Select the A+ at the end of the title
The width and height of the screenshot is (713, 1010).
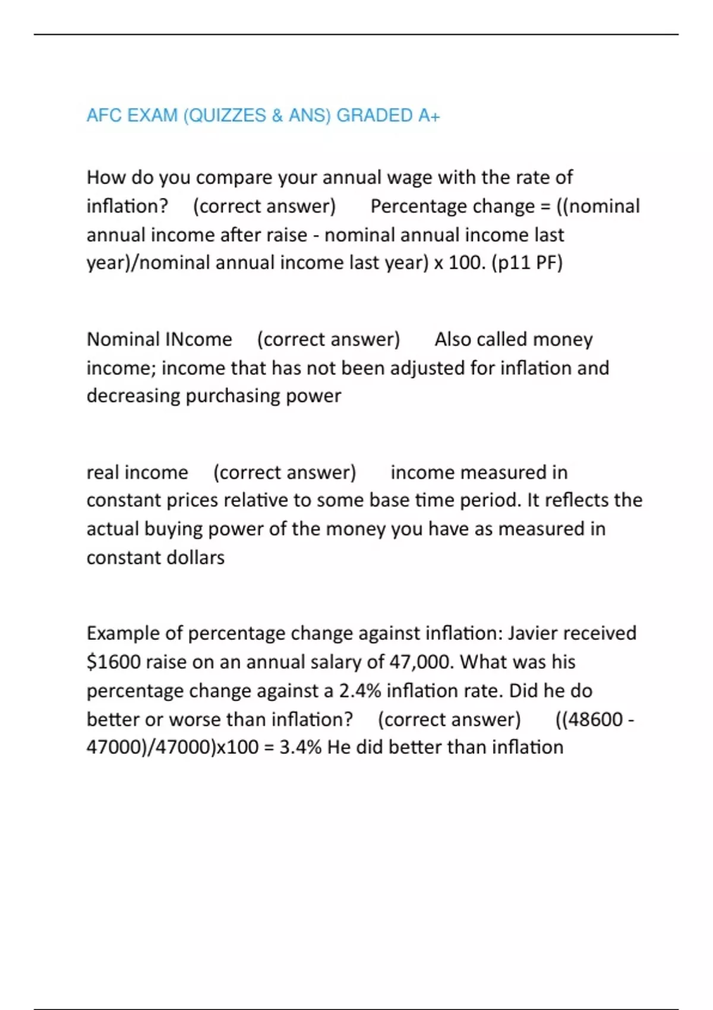coord(428,115)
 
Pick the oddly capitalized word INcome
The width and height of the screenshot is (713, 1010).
coord(198,339)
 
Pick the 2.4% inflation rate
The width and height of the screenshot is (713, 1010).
coord(360,690)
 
